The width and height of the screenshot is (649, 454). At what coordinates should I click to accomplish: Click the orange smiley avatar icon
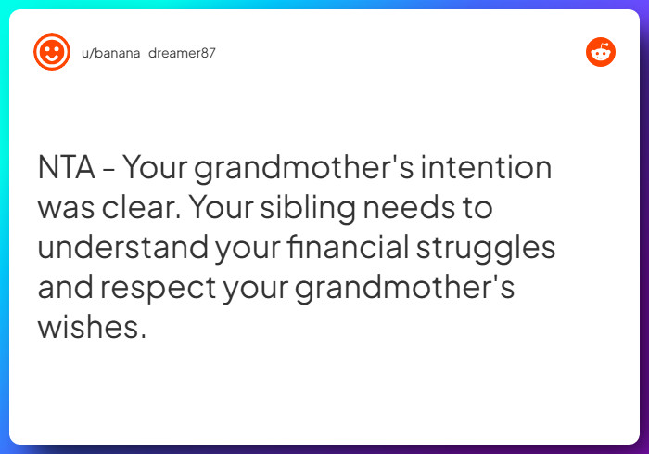tap(52, 52)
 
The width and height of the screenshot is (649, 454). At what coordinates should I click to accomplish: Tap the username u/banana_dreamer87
tap(148, 53)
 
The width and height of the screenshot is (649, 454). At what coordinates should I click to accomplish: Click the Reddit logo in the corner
tap(601, 52)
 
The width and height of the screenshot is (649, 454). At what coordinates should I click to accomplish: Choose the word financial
tap(348, 249)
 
